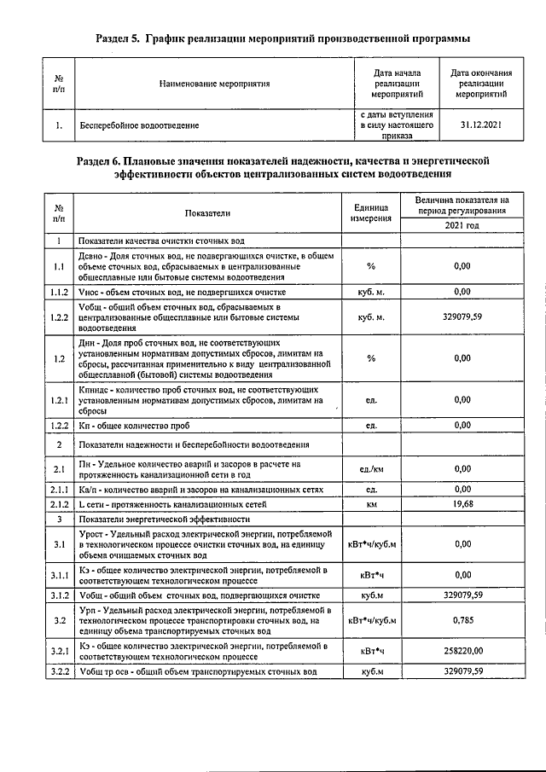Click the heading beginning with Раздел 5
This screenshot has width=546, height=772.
[x=282, y=39]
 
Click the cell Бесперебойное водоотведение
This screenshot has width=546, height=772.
[x=139, y=125]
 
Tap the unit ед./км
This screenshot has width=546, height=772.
[x=370, y=468]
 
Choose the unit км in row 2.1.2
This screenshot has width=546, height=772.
[x=371, y=504]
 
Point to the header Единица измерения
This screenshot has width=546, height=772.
[x=370, y=212]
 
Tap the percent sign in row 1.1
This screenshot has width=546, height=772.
[x=371, y=266]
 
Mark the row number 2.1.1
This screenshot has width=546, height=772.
[x=58, y=490]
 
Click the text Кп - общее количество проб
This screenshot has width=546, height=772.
[x=132, y=425]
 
